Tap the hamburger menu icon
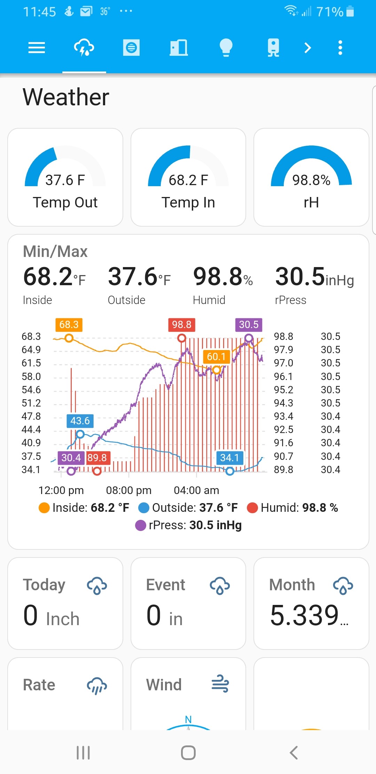coord(37,47)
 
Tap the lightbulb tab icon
coord(226,47)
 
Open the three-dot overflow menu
coord(340,47)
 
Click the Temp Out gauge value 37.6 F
coord(65,180)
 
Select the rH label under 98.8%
coord(311,203)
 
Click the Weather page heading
coord(66,97)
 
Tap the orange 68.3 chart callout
coord(69,325)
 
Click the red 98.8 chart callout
coord(181,325)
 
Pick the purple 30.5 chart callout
coord(249,325)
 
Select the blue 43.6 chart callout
coord(80,421)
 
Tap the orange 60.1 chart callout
coord(216,357)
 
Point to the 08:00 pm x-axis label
coord(129,491)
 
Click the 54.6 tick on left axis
coord(31,390)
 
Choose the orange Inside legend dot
coord(44,508)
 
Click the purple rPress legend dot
coord(141,525)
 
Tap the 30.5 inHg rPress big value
coord(314,277)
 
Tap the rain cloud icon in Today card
coord(97,585)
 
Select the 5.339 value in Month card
coord(305,616)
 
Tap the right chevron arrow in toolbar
coord(307,47)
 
